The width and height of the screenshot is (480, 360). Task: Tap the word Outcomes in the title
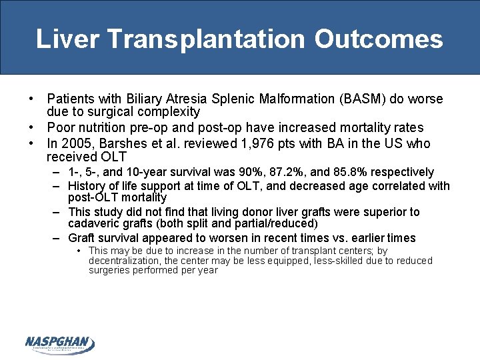(x=379, y=39)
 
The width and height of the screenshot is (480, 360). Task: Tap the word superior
(x=372, y=212)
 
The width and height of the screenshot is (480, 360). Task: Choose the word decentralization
(x=123, y=261)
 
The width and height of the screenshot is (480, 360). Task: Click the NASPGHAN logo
(x=59, y=344)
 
